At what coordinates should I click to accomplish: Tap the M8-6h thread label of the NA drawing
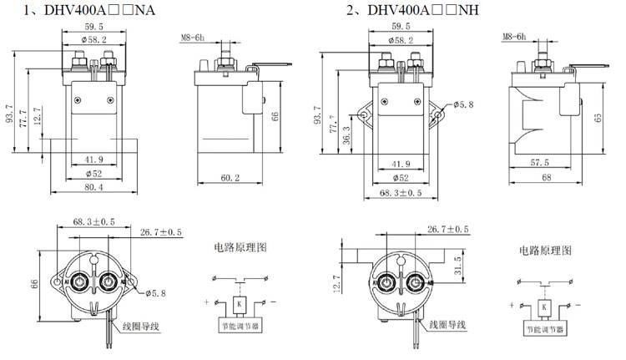pos(194,38)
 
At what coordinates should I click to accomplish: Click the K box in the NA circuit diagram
pos(240,302)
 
